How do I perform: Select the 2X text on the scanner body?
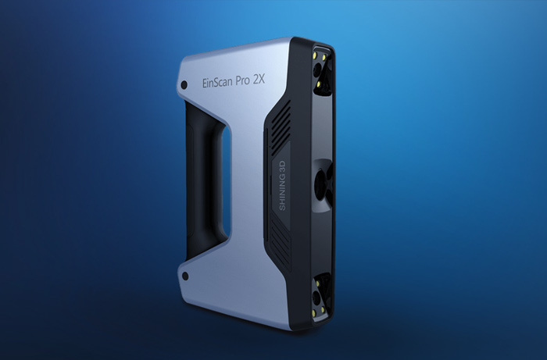[x=259, y=80]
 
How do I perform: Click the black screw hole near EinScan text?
[x=184, y=84]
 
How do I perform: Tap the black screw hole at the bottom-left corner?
[x=185, y=276]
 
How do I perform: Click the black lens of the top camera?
[x=316, y=71]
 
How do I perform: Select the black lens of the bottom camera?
[x=316, y=297]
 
